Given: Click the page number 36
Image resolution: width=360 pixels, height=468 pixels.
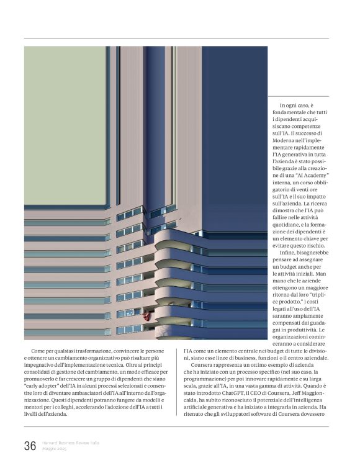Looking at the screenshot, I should coord(29,445).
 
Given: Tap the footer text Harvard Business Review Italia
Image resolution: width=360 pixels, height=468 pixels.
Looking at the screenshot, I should coord(71,442).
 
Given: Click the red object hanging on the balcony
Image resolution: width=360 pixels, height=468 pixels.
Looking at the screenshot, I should coord(146,315).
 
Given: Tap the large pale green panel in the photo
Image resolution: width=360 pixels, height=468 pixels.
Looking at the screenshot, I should coord(65,124).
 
